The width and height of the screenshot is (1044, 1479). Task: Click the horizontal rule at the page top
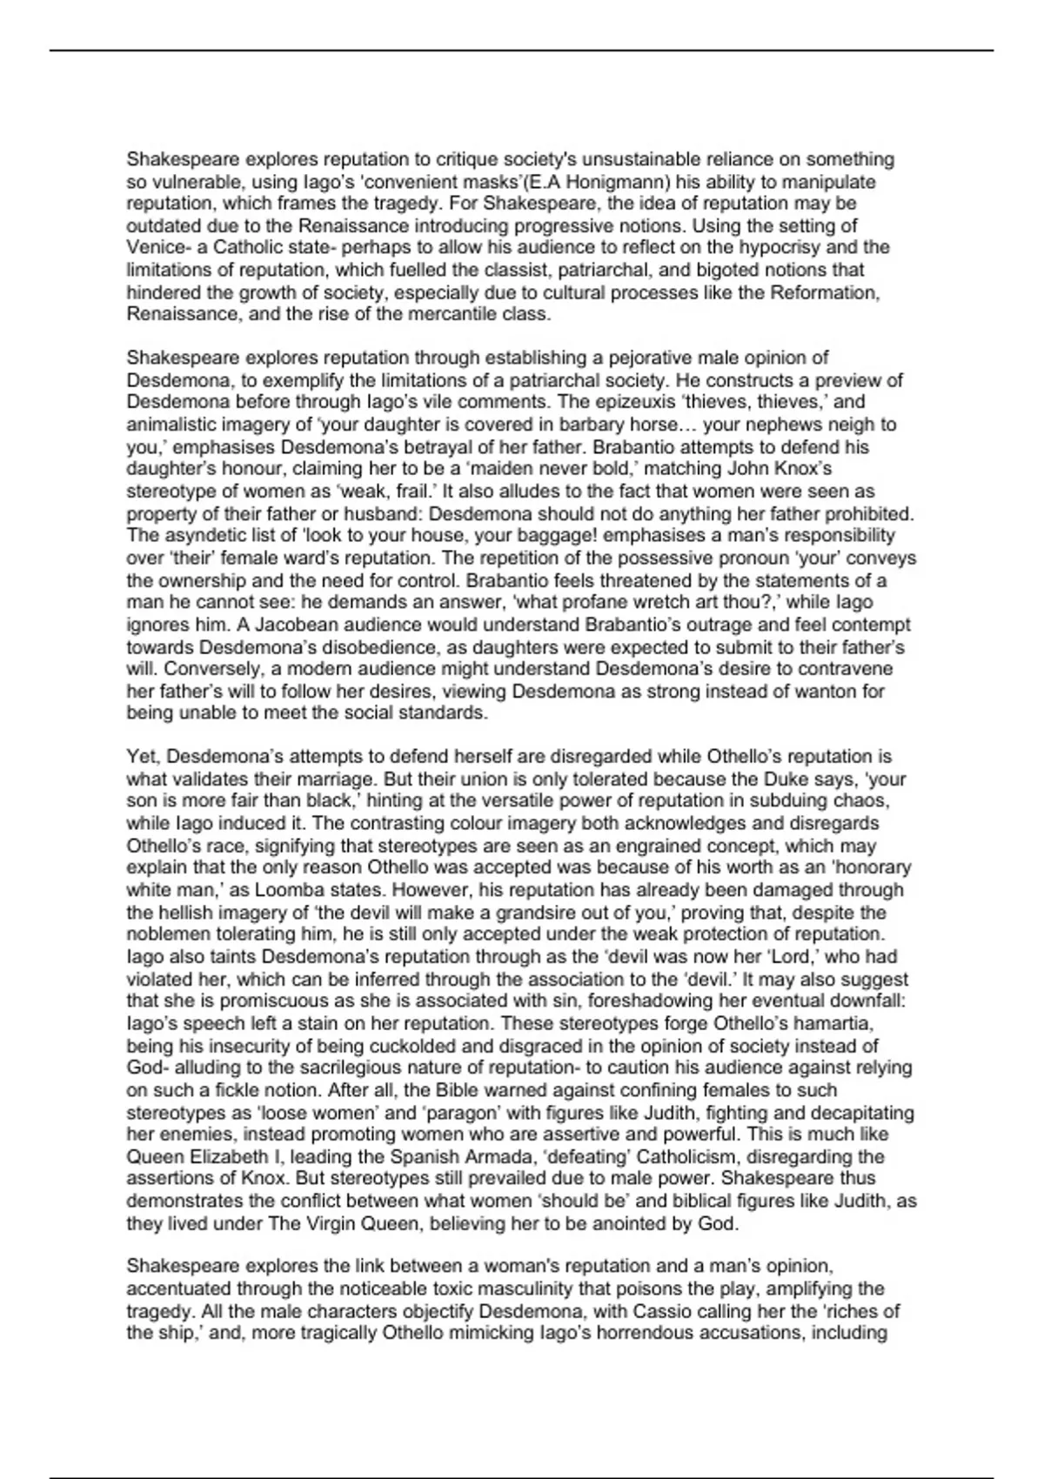[522, 50]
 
